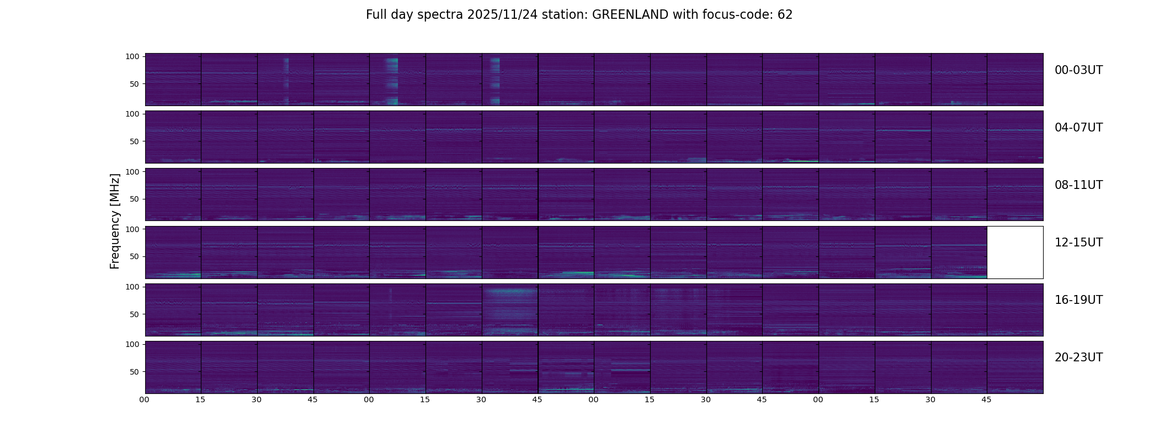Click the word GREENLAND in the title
[x=630, y=15]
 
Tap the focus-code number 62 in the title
[x=785, y=15]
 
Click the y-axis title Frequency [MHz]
[x=115, y=221]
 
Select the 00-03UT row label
[x=1078, y=70]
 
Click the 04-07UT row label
[x=1078, y=128]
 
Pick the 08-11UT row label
[x=1078, y=185]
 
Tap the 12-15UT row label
[x=1078, y=243]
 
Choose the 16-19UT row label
[x=1078, y=300]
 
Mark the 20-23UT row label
[x=1078, y=357]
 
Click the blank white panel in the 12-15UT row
[x=1015, y=252]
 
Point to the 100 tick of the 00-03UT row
[x=132, y=56]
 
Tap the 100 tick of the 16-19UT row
[x=132, y=287]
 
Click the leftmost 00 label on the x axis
[x=145, y=399]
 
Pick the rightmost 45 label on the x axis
[x=986, y=399]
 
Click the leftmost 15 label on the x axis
[x=200, y=399]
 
